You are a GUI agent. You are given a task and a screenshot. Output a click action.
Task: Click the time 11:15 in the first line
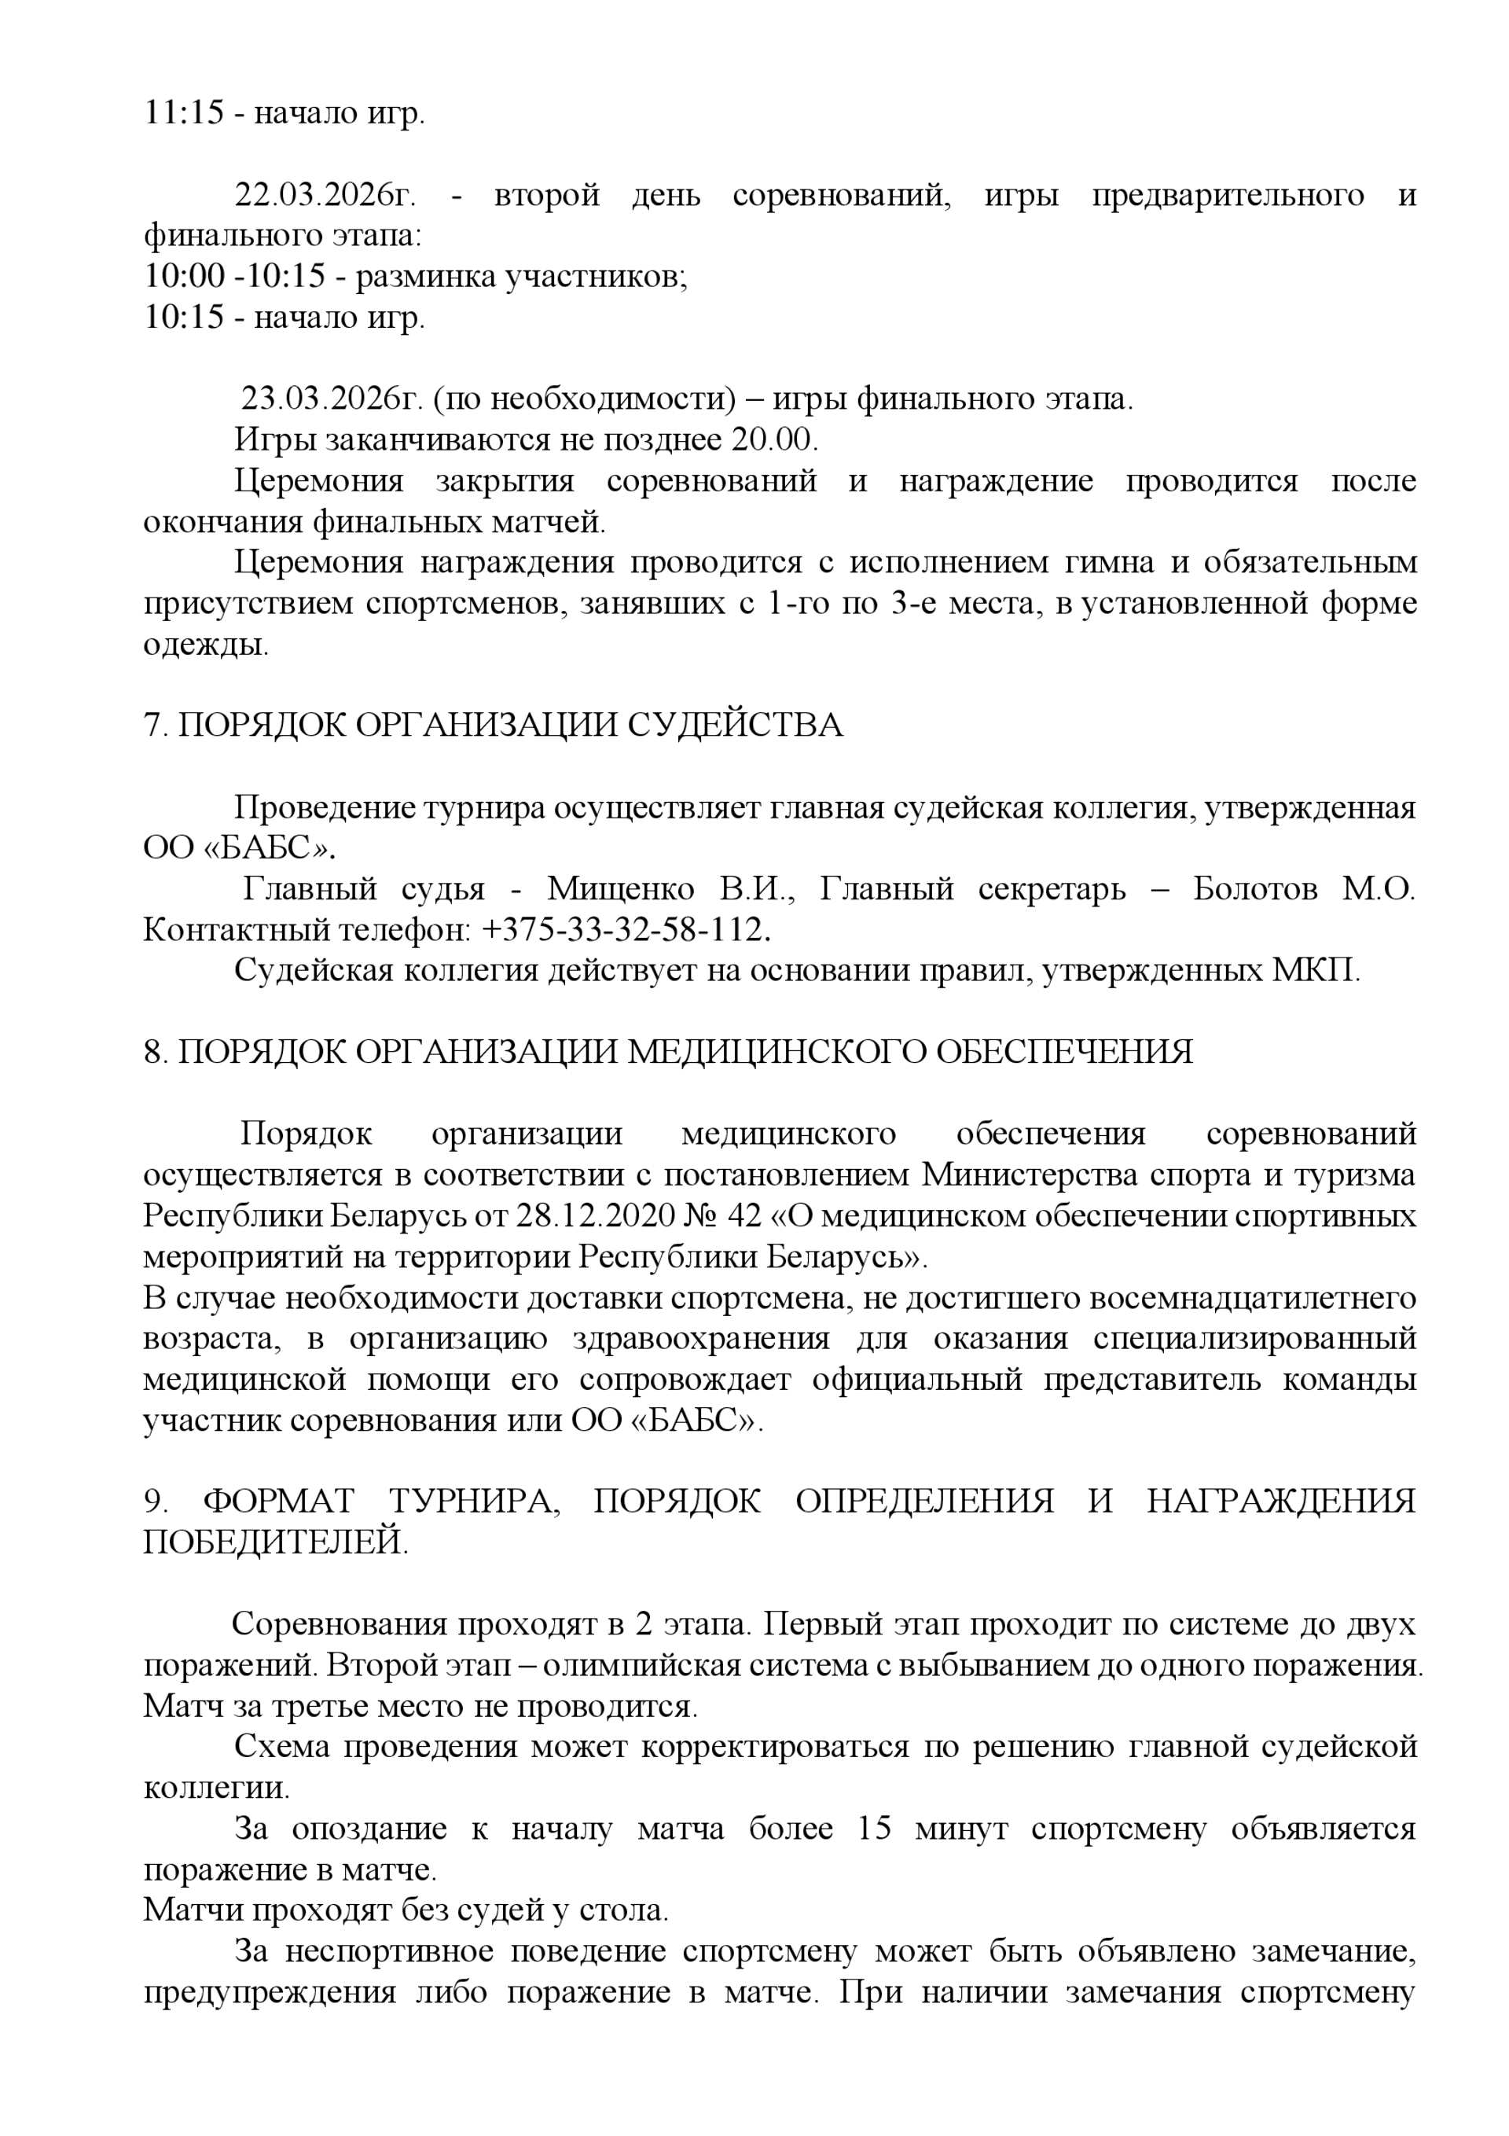click(183, 112)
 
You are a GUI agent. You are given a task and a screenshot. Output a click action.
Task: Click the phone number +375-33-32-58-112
click(627, 929)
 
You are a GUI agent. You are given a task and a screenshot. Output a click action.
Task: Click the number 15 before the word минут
click(875, 1828)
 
